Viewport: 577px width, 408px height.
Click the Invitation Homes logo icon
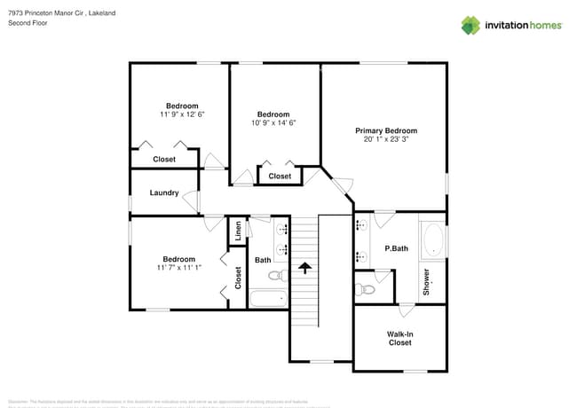point(470,25)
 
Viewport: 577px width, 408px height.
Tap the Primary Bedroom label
point(386,130)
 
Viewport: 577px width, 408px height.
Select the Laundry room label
point(164,192)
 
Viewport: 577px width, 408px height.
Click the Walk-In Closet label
point(399,338)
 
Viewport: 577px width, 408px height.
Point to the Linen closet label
point(239,231)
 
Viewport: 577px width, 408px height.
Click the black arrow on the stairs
point(304,265)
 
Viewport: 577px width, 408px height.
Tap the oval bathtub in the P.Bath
point(432,240)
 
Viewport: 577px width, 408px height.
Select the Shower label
point(426,281)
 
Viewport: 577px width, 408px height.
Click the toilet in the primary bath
point(365,286)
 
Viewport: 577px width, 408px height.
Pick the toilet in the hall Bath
point(277,275)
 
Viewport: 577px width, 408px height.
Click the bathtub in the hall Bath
point(268,298)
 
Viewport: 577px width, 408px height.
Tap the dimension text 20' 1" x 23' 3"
point(386,139)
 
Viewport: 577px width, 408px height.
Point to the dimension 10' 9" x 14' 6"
point(273,123)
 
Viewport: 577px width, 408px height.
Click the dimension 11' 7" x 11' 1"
point(179,267)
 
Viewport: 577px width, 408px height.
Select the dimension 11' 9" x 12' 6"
point(183,114)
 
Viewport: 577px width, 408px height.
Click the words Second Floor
point(28,23)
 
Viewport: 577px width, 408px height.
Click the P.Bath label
point(396,248)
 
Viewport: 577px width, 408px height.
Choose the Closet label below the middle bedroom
point(280,176)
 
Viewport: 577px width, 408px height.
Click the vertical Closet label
point(238,279)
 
